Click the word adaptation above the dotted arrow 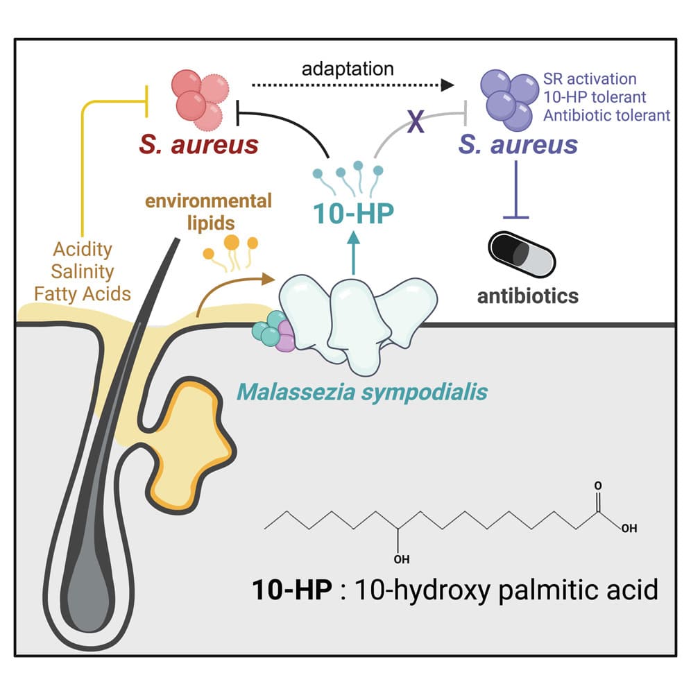[348, 69]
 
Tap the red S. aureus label [198, 145]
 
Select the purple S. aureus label [518, 145]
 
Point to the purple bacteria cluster [508, 99]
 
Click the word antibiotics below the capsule [528, 296]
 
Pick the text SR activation [590, 78]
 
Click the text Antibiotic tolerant [607, 114]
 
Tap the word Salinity [82, 271]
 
